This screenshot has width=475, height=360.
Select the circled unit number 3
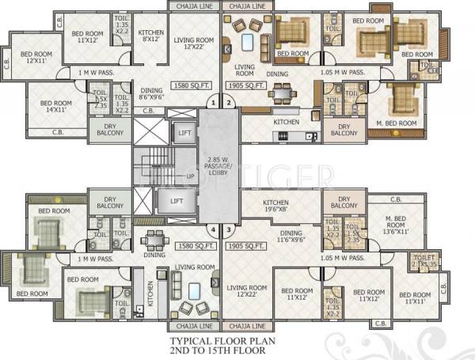[x=230, y=230]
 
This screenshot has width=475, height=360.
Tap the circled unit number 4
[x=211, y=230]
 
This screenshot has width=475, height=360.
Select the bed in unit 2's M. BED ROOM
[x=400, y=100]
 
